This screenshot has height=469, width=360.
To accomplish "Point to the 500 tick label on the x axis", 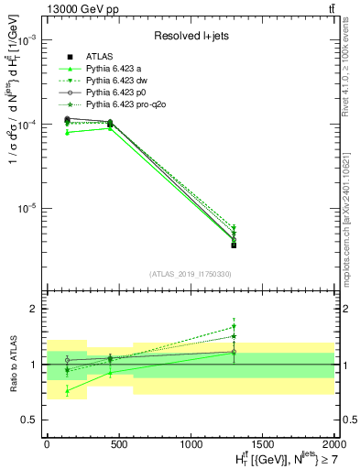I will (x=118, y=443).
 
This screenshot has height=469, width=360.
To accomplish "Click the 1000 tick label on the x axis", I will (x=190, y=443).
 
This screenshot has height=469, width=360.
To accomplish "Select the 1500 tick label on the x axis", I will (x=262, y=443).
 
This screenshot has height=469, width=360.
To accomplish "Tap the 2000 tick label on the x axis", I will (x=333, y=443).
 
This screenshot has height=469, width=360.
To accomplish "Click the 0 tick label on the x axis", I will (x=47, y=443).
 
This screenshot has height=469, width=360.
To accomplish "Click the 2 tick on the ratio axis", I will (x=33, y=310).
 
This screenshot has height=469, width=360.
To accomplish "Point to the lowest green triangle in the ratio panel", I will (x=68, y=391).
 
